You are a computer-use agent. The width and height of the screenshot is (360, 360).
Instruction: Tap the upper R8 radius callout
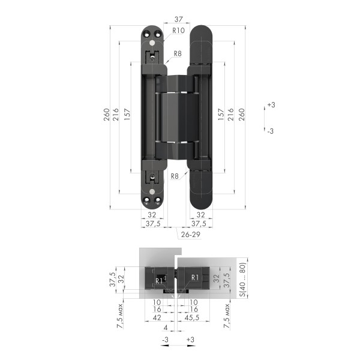pos(177,54)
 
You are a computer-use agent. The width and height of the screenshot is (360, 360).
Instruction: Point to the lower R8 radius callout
pos(174,176)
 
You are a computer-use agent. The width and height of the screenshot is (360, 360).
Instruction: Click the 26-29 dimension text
pos(190,235)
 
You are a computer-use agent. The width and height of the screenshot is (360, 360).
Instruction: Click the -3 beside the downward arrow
pos(271,130)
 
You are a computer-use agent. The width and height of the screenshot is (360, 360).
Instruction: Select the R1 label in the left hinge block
pos(159,280)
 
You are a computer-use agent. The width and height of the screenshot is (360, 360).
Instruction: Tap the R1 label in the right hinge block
pos(194,277)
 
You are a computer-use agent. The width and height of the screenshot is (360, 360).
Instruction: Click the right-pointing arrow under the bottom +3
pos(190,346)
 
